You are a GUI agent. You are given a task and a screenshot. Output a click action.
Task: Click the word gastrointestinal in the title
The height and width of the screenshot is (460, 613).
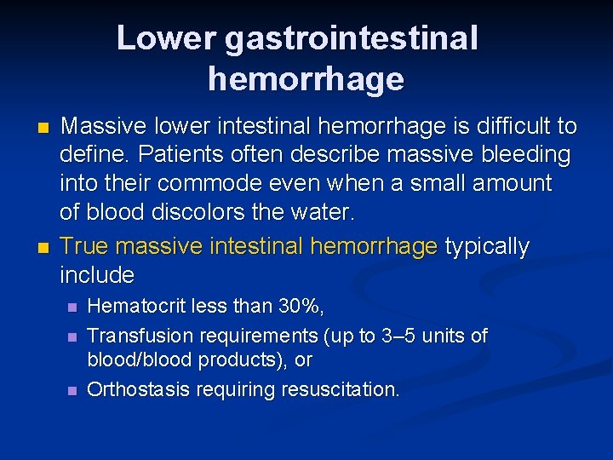[x=352, y=37]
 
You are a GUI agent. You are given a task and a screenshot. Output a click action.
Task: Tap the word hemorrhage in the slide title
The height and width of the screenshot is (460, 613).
[x=306, y=79]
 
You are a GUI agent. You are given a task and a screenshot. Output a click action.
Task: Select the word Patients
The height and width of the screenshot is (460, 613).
[x=186, y=155]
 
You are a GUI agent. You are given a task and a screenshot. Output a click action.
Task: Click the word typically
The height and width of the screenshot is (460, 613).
[x=487, y=247]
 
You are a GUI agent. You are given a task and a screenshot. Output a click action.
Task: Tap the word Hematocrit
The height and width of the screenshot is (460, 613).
[x=139, y=306]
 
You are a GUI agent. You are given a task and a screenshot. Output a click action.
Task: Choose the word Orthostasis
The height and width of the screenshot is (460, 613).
[x=139, y=389]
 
